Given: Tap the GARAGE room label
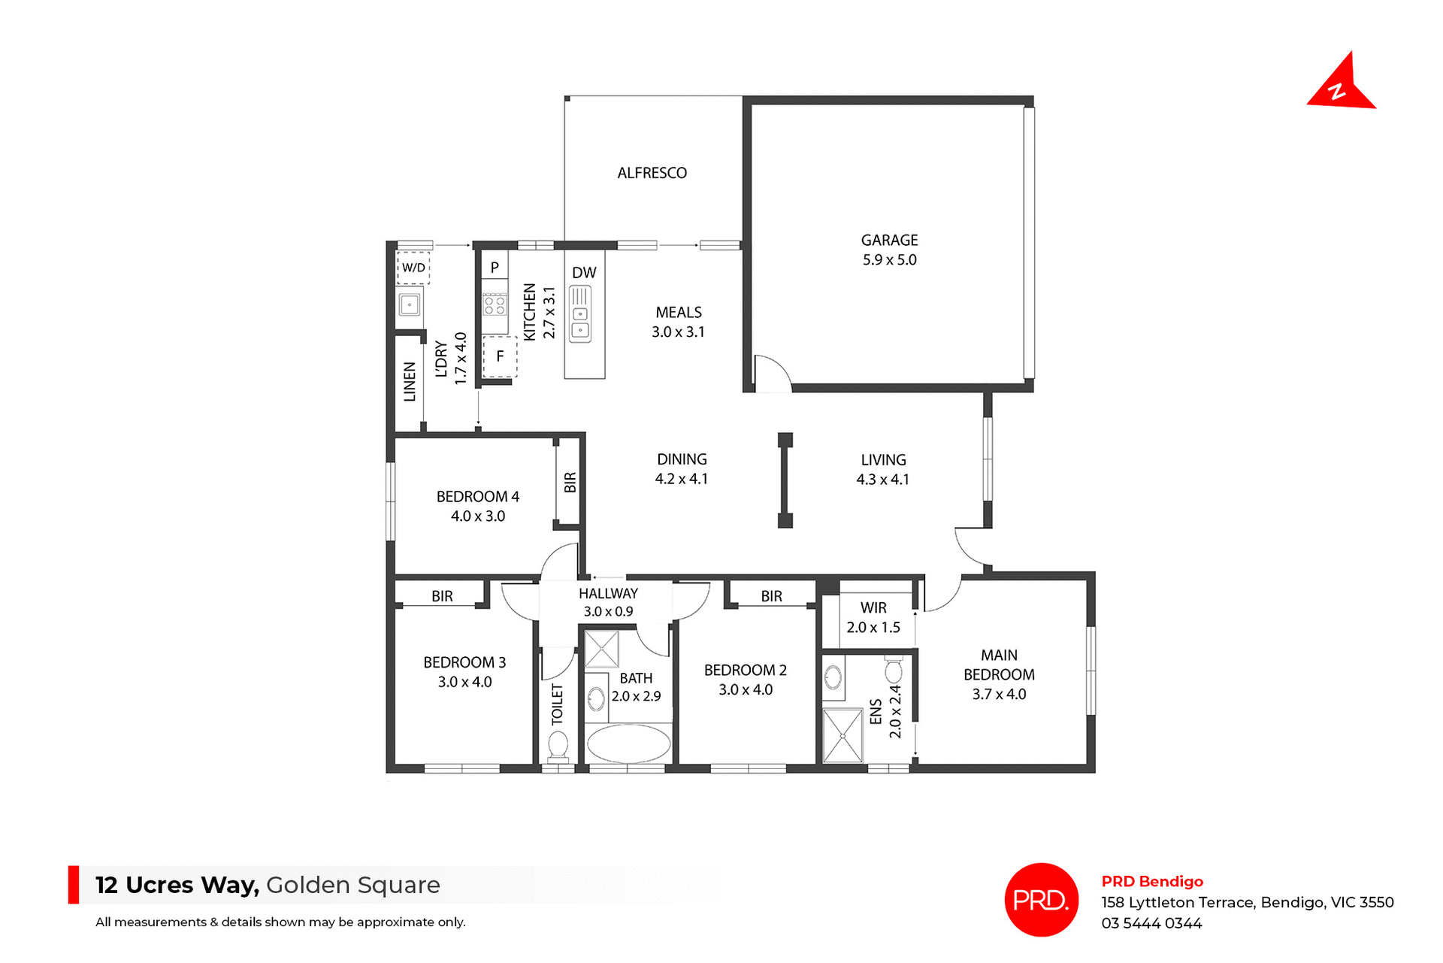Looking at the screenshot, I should point(889,241).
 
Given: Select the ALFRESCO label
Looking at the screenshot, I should point(652,173).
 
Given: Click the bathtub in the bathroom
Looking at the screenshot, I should point(628,744).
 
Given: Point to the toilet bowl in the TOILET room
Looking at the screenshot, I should point(558,746).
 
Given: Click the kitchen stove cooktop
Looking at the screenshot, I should point(495,304).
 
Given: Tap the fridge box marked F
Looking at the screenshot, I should point(500,356).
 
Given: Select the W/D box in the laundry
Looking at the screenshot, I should point(413,268).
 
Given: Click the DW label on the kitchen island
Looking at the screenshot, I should point(584,273).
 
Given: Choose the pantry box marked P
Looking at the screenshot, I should point(495,267).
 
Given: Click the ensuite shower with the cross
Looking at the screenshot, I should point(843,736).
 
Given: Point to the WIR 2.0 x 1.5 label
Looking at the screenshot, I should point(873,617).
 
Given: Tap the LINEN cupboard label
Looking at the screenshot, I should point(410,382).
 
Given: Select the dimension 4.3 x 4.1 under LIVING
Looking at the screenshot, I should point(882,480).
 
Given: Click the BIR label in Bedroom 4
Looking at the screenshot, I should point(570,482).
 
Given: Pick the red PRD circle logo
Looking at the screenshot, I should point(1041,899).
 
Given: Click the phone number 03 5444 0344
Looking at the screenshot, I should point(1151,923).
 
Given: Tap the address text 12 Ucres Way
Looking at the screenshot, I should point(177,885).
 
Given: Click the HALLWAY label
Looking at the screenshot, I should point(608,593).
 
